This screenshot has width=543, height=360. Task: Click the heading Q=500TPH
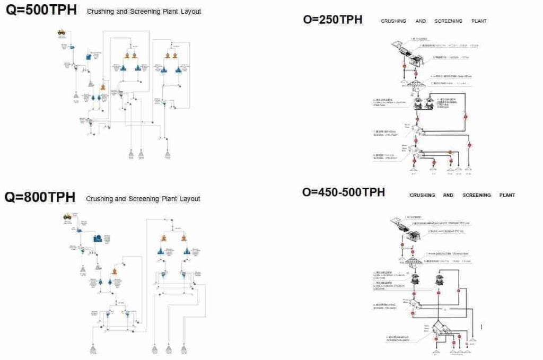click(x=41, y=10)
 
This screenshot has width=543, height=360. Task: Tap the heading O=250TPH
click(x=332, y=20)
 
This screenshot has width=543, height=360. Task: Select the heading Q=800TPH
click(x=40, y=197)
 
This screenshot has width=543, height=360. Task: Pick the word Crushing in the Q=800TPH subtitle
click(x=99, y=199)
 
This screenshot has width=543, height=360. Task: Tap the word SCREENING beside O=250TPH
click(x=448, y=21)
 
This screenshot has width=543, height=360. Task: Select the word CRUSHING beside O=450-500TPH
click(x=422, y=195)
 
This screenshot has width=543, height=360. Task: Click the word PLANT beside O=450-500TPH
click(x=507, y=195)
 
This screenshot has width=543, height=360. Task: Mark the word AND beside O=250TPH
click(x=421, y=21)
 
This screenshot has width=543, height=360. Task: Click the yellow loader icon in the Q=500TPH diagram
click(x=62, y=32)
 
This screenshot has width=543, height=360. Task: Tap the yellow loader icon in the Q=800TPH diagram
click(x=67, y=216)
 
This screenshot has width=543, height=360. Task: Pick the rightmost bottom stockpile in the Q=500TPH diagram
click(x=168, y=154)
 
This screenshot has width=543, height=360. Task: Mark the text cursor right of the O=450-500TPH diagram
click(x=481, y=327)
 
